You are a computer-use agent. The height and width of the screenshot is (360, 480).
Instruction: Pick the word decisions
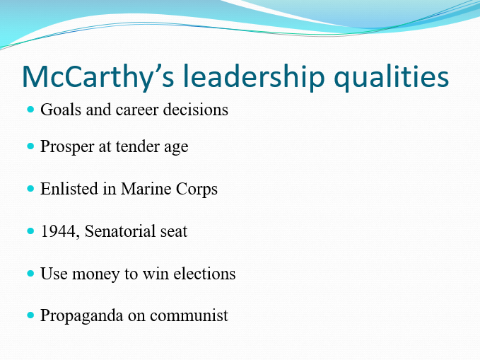click(196, 110)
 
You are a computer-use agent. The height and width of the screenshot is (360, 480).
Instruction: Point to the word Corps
click(196, 190)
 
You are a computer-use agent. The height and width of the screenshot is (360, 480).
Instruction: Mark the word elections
click(206, 273)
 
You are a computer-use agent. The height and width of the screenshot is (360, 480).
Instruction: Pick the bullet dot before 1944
click(30, 231)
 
